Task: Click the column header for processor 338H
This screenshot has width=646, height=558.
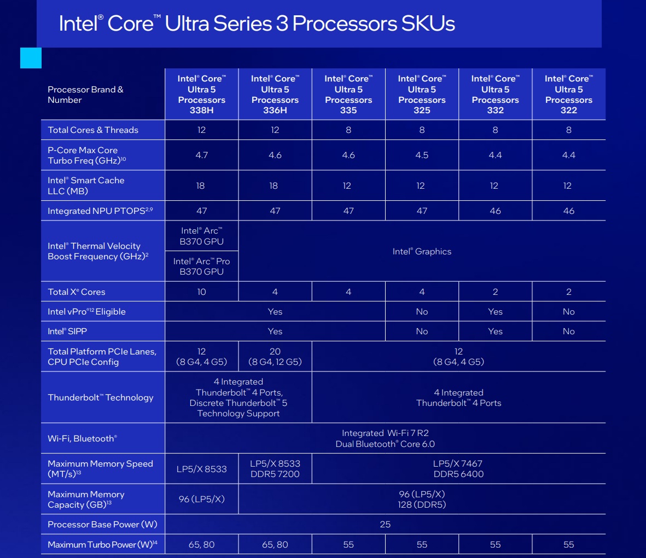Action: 201,94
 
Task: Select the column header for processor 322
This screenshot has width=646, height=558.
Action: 568,94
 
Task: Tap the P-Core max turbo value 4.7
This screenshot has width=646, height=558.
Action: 201,155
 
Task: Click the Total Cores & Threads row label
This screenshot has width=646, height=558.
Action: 93,130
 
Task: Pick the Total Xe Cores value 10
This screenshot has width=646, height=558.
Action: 201,292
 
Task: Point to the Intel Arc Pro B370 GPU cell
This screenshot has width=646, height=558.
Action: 201,266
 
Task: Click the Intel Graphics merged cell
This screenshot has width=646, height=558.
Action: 422,252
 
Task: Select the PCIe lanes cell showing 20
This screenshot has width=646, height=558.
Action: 275,357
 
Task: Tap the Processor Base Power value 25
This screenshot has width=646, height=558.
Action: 385,525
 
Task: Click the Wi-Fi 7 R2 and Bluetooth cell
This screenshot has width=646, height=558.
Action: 385,439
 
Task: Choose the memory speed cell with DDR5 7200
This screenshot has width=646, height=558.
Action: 275,469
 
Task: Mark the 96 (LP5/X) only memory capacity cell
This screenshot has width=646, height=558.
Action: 201,499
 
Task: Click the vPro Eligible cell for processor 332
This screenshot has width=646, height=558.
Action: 495,312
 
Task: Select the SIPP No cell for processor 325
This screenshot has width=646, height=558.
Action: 422,332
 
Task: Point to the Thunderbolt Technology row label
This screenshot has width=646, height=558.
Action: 101,398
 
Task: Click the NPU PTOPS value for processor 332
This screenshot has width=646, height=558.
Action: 495,211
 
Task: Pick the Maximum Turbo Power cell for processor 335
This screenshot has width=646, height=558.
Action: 348,545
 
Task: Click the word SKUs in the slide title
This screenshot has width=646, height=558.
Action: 428,24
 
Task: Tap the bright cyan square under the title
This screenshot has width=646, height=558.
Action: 31,58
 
